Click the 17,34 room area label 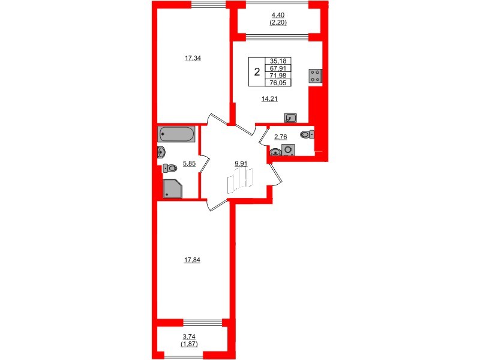click(193, 59)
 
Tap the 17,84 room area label click(193, 260)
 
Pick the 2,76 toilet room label click(281, 137)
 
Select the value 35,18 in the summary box click(278, 61)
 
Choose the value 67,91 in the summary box click(278, 68)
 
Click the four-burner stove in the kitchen click(316, 76)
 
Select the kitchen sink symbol click(292, 118)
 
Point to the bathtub click(176, 134)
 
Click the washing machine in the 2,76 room click(288, 149)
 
